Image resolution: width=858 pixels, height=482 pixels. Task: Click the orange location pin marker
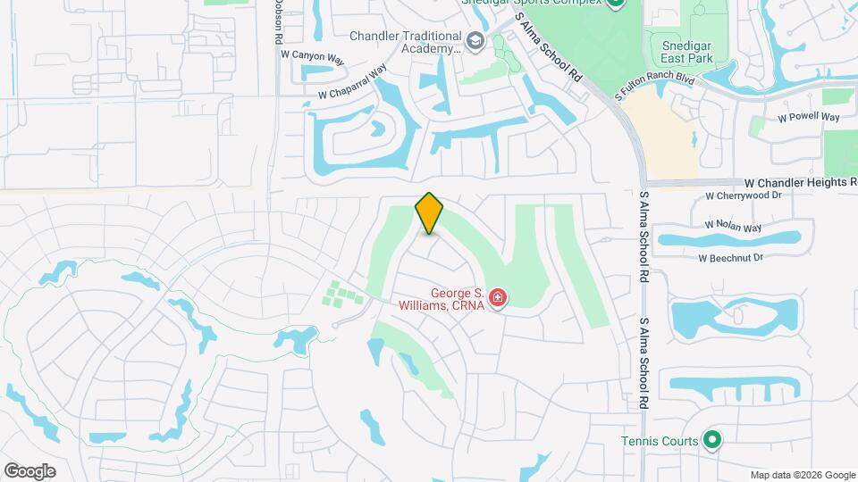pos(430,213)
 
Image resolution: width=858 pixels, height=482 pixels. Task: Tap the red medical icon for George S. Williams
pos(497,298)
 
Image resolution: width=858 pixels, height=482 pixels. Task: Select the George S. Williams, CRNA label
pos(457,299)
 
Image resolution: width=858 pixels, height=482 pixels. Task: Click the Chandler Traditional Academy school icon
pos(475,40)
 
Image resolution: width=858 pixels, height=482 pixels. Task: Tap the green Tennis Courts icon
pos(711,439)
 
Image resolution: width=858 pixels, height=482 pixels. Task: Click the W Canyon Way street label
pos(313,56)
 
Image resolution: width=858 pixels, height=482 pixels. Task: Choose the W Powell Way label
pos(808,117)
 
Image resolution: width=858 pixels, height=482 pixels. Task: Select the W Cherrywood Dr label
pos(743,195)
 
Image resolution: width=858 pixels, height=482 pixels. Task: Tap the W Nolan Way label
pos(732,227)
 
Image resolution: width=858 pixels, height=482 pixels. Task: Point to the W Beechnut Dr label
pos(730,258)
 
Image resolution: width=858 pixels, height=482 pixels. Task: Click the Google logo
pos(29,471)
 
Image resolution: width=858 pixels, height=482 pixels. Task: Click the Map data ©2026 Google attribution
pos(802,475)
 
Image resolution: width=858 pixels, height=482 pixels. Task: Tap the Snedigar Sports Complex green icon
pos(616,3)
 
